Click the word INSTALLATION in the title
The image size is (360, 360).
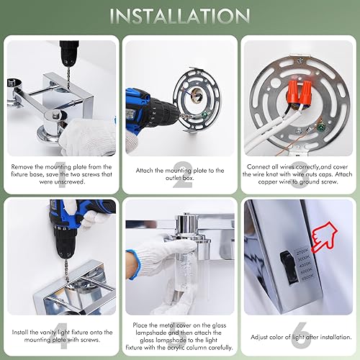[x=179, y=16]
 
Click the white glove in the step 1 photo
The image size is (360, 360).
[x=83, y=137]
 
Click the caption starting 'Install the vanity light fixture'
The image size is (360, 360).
[x=60, y=336]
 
